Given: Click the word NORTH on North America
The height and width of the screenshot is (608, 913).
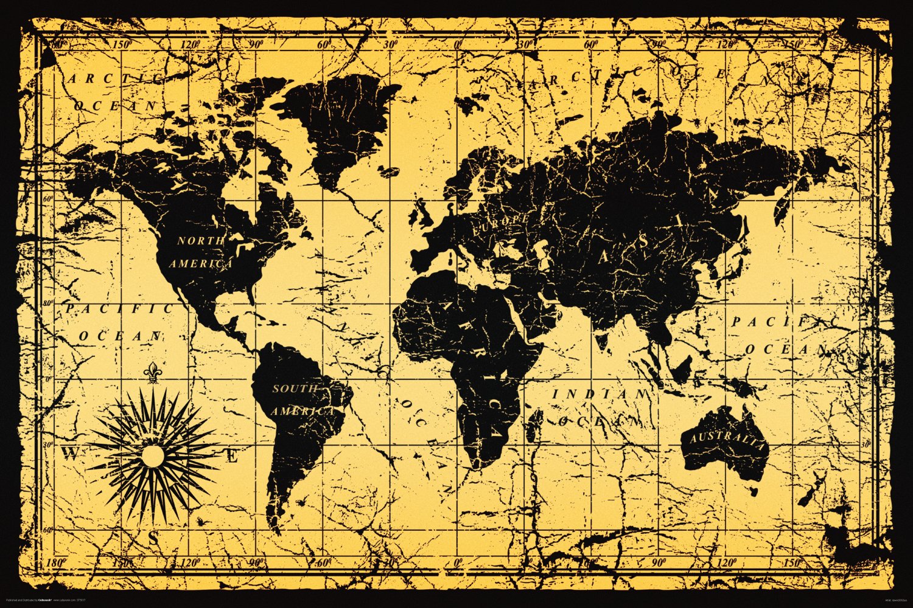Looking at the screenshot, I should coord(200,241).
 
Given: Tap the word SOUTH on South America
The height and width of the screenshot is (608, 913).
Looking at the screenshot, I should coord(295,389).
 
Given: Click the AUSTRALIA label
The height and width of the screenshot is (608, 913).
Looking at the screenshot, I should coord(725,440).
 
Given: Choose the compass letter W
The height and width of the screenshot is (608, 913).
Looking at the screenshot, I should coord(71,454).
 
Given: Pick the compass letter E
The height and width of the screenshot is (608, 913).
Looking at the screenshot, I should coord(232,456).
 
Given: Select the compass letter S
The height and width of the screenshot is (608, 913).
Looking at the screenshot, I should coord(153,537).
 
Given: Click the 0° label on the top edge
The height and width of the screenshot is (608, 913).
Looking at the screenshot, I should coord(458,44).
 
